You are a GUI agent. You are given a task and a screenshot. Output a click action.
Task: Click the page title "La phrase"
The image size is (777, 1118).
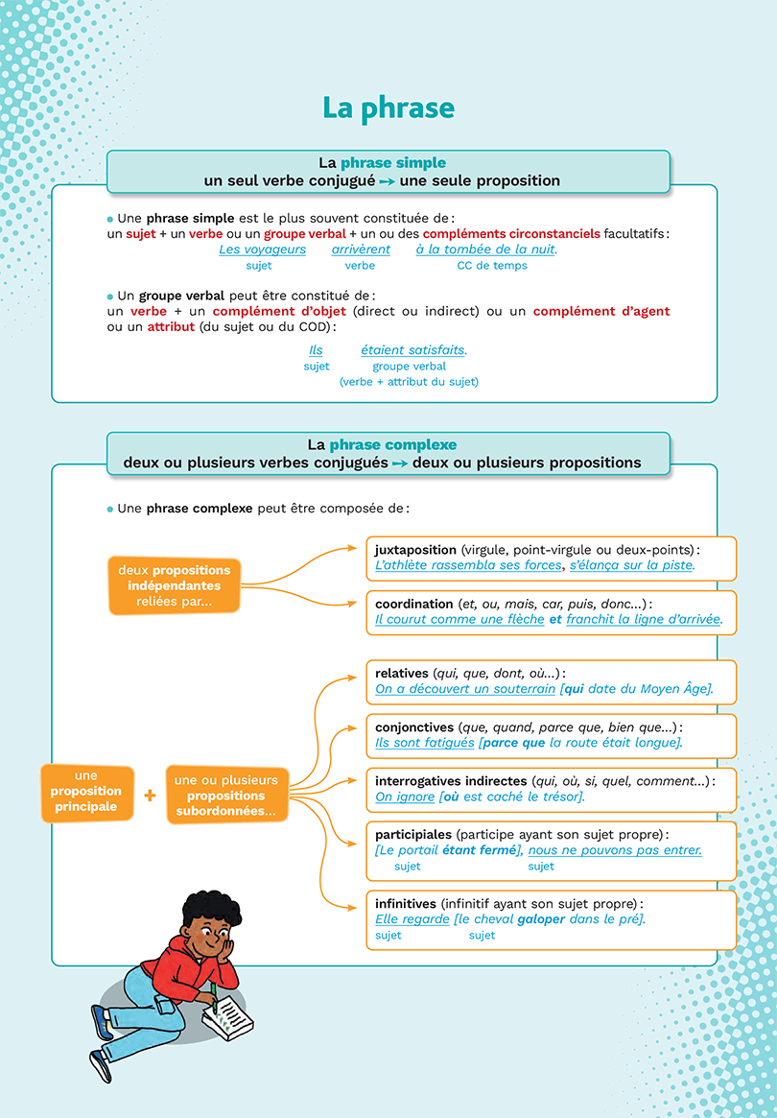point(388,107)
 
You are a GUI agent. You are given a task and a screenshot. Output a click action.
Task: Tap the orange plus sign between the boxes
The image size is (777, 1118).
point(150,795)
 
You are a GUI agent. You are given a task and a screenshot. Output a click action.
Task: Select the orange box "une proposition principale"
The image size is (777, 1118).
point(86,792)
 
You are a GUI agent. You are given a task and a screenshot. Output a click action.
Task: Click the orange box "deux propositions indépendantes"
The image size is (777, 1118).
point(174,585)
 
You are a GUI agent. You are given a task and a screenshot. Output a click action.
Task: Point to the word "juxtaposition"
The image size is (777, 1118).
point(415,550)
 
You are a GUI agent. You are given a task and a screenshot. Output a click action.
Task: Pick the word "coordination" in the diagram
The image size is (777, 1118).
point(413,604)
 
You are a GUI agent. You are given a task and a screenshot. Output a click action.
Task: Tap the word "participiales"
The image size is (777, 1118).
point(413,835)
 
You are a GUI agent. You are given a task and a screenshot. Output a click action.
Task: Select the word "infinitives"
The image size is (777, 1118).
point(406,904)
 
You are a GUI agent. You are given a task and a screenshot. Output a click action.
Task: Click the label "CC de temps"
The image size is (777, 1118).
point(491,266)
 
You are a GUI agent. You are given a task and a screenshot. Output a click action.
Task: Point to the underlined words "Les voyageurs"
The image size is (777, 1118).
point(262,250)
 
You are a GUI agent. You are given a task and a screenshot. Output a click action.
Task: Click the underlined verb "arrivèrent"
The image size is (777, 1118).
point(361,250)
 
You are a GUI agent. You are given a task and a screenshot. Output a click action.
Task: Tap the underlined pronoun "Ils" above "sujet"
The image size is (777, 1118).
point(316,350)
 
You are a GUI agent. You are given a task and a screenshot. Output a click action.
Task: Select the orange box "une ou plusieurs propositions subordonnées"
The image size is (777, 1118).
point(226,796)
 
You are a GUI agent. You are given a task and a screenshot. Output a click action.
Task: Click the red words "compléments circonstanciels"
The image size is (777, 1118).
point(511,233)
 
